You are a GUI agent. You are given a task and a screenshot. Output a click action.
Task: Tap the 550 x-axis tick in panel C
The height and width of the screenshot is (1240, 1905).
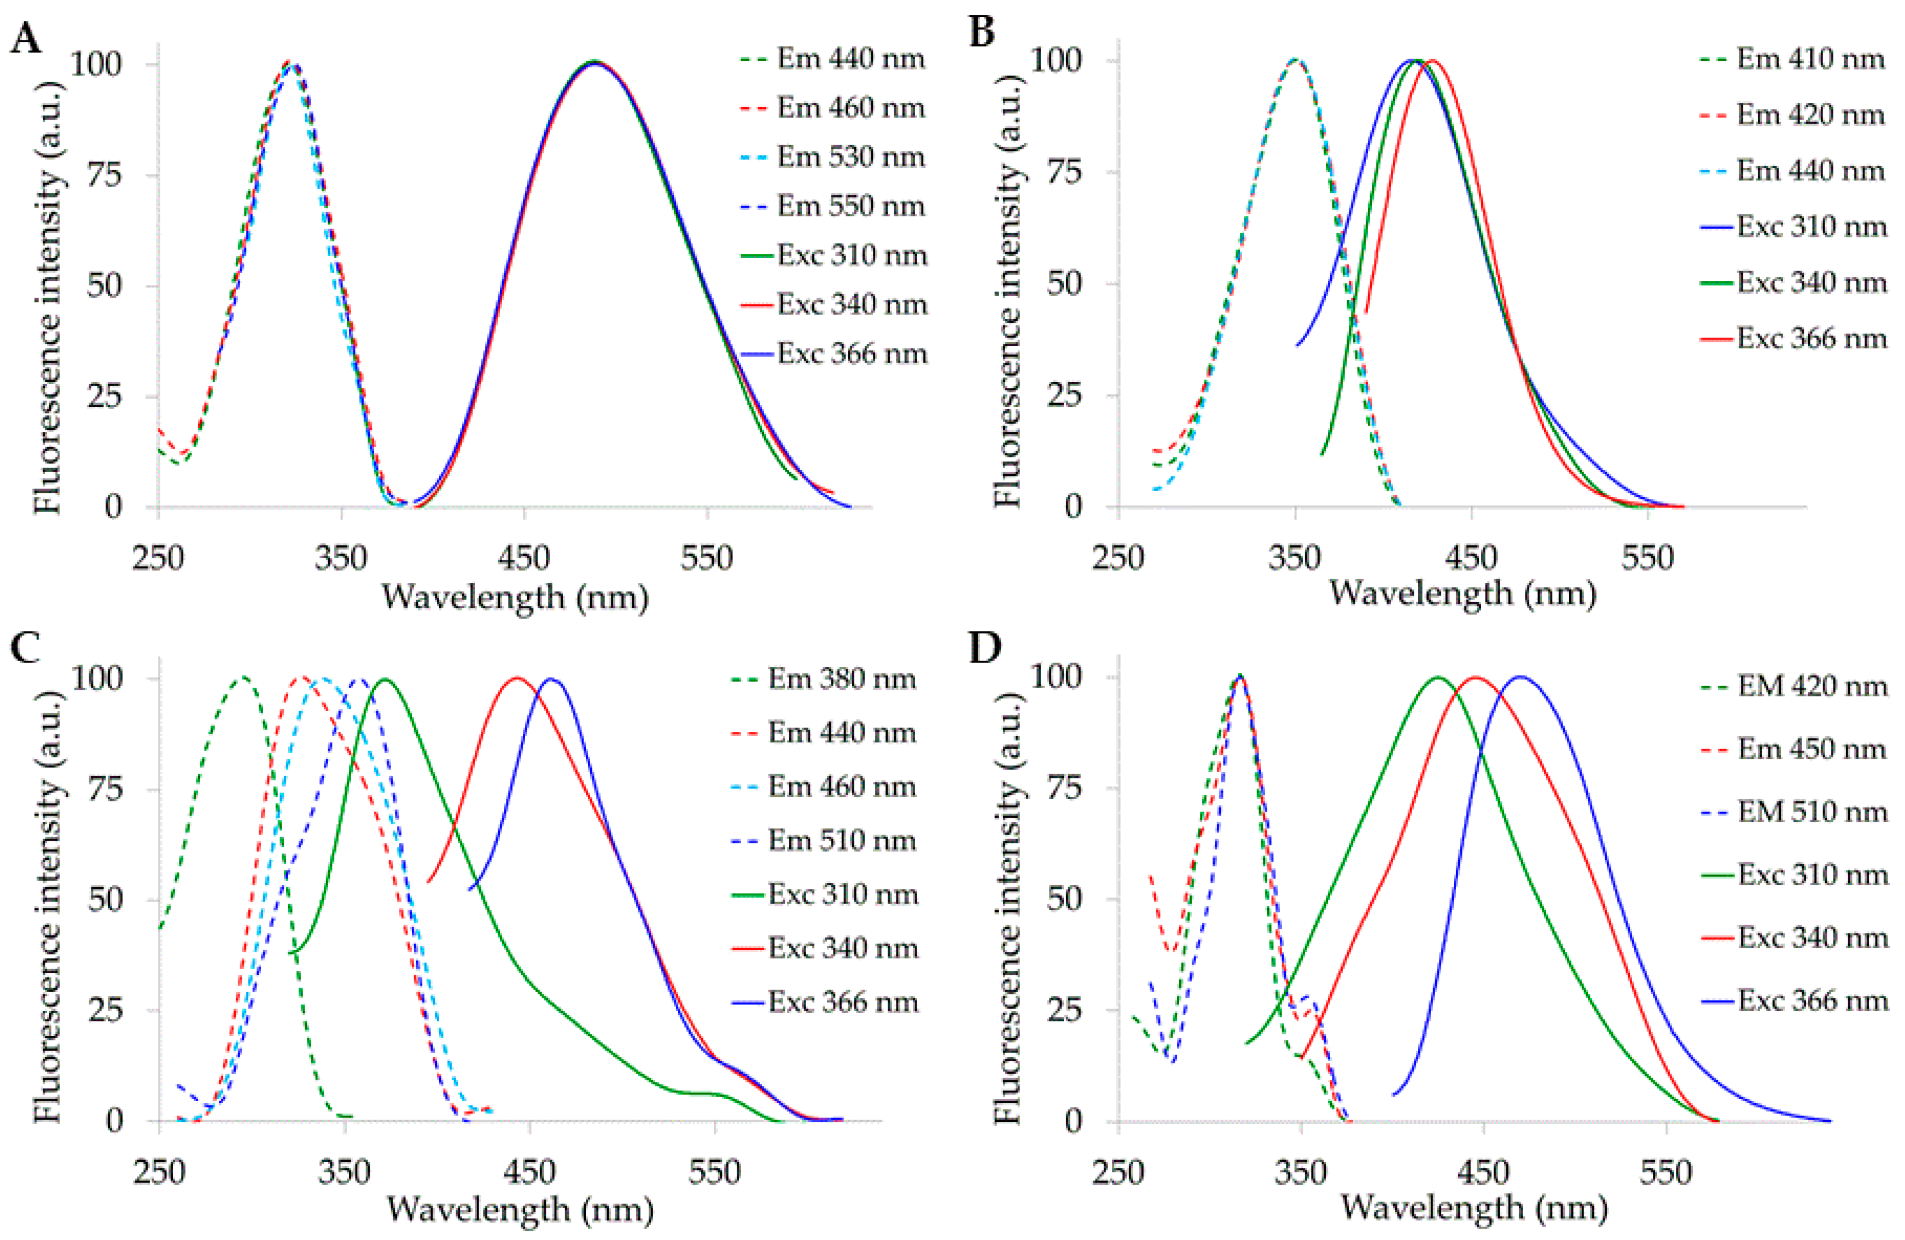[x=714, y=1172]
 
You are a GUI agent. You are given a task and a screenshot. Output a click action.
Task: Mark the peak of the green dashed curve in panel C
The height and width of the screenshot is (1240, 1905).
[x=242, y=677]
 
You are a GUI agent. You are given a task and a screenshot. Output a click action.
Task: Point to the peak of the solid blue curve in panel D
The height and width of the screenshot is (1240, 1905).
[x=1520, y=677]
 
